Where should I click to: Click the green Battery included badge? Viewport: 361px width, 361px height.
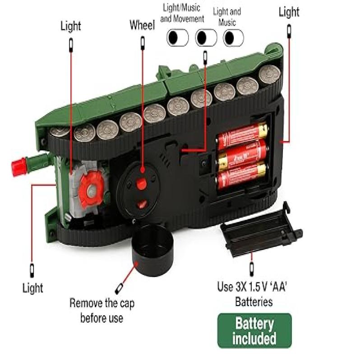[255, 330]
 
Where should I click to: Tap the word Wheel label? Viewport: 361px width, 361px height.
[142, 25]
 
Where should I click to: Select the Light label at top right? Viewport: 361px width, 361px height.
[289, 12]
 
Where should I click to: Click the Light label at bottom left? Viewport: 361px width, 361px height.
[32, 287]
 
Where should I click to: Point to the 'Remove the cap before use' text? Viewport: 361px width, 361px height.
[102, 310]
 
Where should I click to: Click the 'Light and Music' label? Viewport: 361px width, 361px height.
[227, 17]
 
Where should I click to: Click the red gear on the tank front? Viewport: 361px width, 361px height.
[92, 188]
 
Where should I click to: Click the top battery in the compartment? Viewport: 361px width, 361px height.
[242, 136]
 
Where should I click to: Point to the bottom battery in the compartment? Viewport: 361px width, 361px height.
[242, 175]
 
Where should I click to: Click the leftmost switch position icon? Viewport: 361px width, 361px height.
[177, 37]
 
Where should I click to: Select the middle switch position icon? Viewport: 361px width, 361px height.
[206, 37]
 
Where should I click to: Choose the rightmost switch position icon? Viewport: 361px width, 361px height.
[233, 37]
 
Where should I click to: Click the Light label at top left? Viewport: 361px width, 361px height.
[71, 26]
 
